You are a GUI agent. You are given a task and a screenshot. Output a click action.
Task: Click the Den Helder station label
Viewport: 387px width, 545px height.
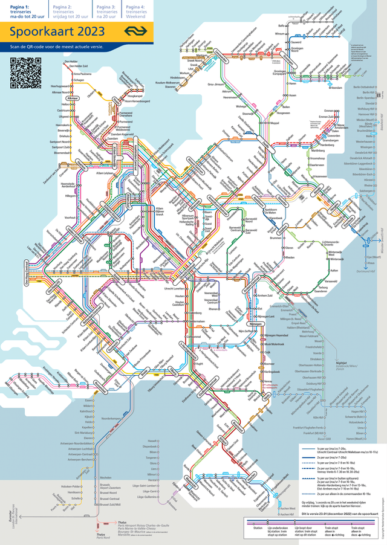[x=72, y=62]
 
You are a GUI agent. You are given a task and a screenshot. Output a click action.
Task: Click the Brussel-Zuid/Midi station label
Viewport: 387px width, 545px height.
[x=109, y=504]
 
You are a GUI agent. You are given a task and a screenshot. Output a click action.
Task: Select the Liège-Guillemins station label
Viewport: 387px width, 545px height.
[x=149, y=497]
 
